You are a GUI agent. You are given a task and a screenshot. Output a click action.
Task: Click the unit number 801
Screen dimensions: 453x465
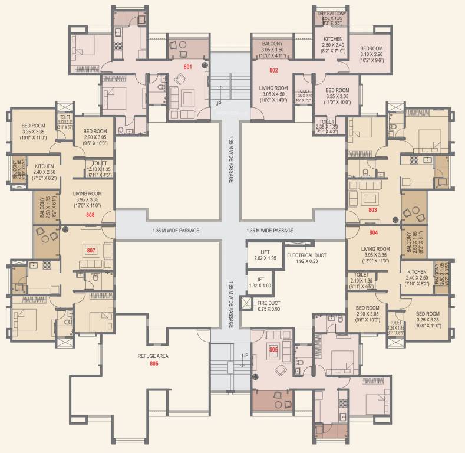[x=187, y=67]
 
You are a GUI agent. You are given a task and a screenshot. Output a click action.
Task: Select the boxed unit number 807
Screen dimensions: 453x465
[x=91, y=250]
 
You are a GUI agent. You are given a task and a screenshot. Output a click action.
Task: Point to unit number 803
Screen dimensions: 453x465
[x=372, y=209]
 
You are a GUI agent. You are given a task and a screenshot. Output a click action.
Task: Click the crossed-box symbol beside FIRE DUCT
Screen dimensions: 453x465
[x=246, y=304]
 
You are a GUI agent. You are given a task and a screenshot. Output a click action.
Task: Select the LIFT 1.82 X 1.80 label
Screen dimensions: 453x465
[x=259, y=283]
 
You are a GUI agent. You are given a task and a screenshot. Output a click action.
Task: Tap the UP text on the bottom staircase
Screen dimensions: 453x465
[x=245, y=356]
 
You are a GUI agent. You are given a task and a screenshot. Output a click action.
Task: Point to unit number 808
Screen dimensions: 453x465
[x=90, y=215]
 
